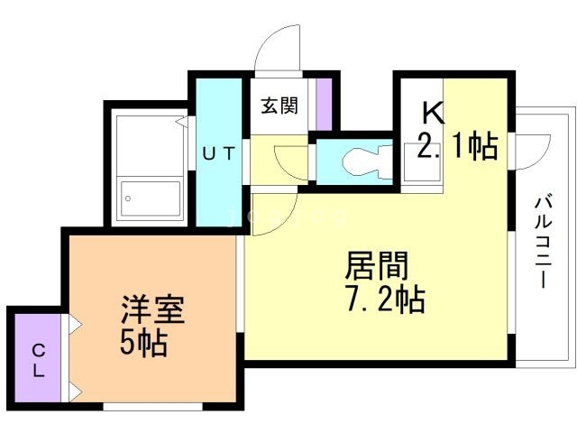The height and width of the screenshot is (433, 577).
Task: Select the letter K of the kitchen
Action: pos(433,114)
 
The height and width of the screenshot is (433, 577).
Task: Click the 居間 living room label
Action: pos(378,266)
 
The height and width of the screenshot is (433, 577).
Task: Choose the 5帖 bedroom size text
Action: pos(144,343)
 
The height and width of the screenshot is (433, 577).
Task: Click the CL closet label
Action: pos(39,359)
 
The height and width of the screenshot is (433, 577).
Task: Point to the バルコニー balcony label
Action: pos(544,239)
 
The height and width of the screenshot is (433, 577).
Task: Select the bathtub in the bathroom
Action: pos(149,167)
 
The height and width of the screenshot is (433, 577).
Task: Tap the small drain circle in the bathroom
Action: pos(128,198)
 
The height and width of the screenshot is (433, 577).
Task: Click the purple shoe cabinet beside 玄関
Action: pos(323,104)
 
